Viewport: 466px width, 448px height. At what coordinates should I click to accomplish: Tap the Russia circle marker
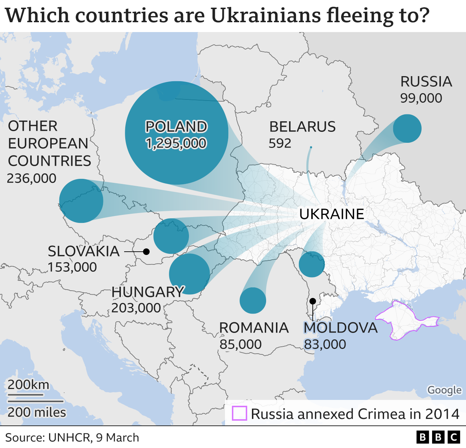click(x=407, y=129)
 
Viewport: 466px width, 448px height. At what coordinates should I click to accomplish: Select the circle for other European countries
click(x=81, y=201)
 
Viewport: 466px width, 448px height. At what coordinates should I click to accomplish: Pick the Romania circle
click(x=253, y=300)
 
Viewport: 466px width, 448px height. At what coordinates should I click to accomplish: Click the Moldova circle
click(x=312, y=264)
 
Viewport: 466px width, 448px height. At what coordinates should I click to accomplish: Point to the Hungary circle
click(x=189, y=274)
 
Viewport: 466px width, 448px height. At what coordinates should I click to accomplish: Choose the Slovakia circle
click(x=171, y=236)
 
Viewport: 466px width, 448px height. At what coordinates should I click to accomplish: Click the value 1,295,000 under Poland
click(x=176, y=144)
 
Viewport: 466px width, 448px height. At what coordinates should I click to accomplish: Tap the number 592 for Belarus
click(x=280, y=144)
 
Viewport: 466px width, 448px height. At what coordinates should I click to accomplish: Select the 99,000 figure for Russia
click(x=421, y=98)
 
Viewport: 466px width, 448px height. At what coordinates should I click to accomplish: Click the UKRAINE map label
click(x=332, y=214)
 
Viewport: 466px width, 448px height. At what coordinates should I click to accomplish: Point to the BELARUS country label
click(x=302, y=127)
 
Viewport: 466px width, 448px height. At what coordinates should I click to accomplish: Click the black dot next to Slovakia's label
click(x=146, y=252)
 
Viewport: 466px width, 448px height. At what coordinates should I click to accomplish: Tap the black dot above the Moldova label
click(x=312, y=301)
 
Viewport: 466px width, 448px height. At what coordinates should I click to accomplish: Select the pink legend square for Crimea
click(x=240, y=413)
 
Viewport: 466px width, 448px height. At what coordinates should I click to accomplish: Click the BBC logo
click(x=438, y=437)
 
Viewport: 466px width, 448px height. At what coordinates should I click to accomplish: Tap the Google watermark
click(x=444, y=390)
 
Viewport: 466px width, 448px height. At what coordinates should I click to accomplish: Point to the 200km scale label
click(x=28, y=385)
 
